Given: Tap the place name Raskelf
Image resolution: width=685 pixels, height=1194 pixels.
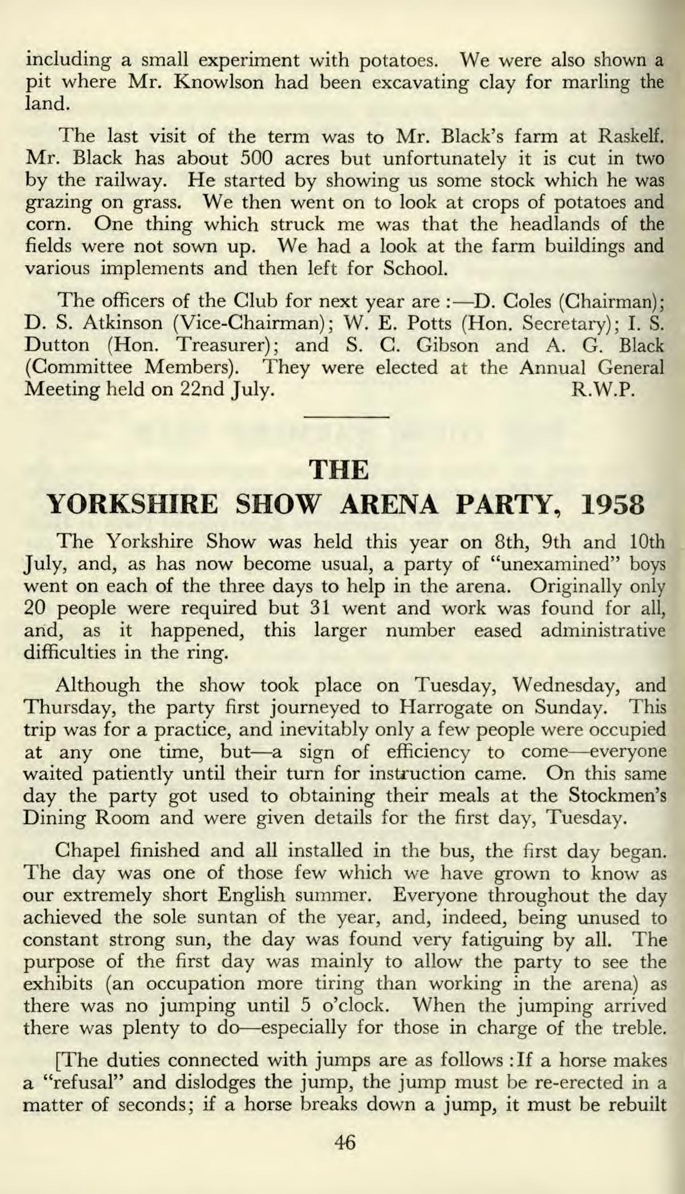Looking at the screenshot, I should [x=632, y=137].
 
